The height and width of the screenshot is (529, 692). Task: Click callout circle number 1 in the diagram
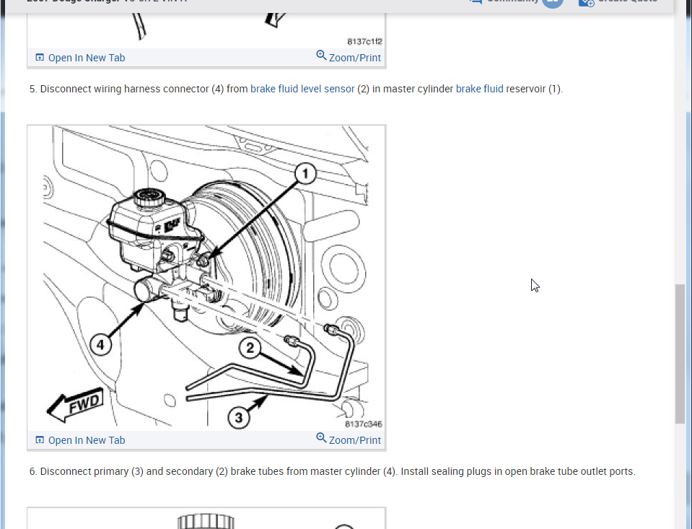tap(305, 173)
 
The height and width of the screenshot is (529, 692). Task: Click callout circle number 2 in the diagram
tap(250, 349)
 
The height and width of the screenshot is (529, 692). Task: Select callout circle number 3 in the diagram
tap(240, 416)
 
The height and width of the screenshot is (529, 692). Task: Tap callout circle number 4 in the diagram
tap(100, 345)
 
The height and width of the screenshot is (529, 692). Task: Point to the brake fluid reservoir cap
tap(151, 195)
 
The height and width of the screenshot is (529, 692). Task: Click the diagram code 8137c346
tap(363, 424)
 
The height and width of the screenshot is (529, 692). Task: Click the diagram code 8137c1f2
tap(364, 41)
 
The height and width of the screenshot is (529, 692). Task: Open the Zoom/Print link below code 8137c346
tap(349, 440)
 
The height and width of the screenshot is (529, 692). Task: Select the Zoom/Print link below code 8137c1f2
tap(349, 57)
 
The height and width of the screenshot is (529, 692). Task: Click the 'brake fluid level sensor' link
tap(302, 89)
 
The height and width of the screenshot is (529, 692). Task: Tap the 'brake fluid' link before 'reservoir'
tap(479, 89)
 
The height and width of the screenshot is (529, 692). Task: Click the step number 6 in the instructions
tap(33, 472)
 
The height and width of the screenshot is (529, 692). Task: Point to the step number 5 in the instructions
tap(33, 89)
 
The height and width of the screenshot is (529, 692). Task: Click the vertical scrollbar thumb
tap(680, 354)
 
